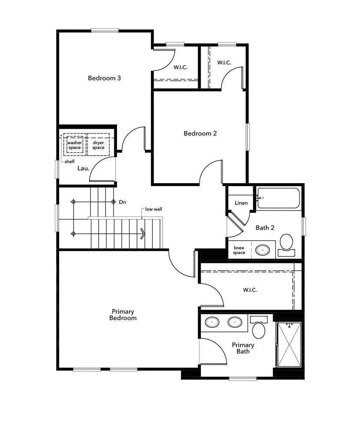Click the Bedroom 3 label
point(104,78)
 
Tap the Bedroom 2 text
point(200,133)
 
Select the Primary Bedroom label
point(123,314)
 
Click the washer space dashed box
point(74,145)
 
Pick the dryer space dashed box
point(98,145)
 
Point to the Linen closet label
point(241,202)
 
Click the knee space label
point(239,250)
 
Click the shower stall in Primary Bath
point(289,344)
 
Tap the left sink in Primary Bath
point(211,322)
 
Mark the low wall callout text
point(153,209)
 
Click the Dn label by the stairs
point(123,202)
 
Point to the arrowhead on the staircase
point(143,233)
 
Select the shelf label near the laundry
point(69,162)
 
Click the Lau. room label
point(83,168)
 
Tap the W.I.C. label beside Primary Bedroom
point(250,290)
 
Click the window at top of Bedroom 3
point(105,30)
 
